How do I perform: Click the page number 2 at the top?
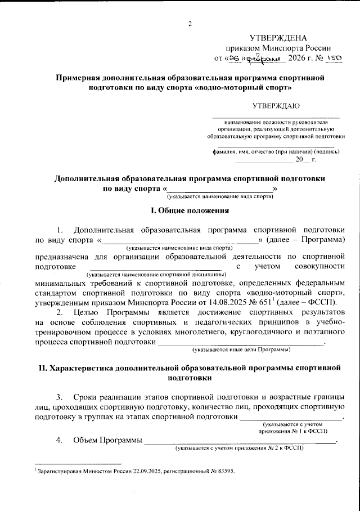[190, 24]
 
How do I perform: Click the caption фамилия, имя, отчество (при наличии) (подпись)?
[276, 151]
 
